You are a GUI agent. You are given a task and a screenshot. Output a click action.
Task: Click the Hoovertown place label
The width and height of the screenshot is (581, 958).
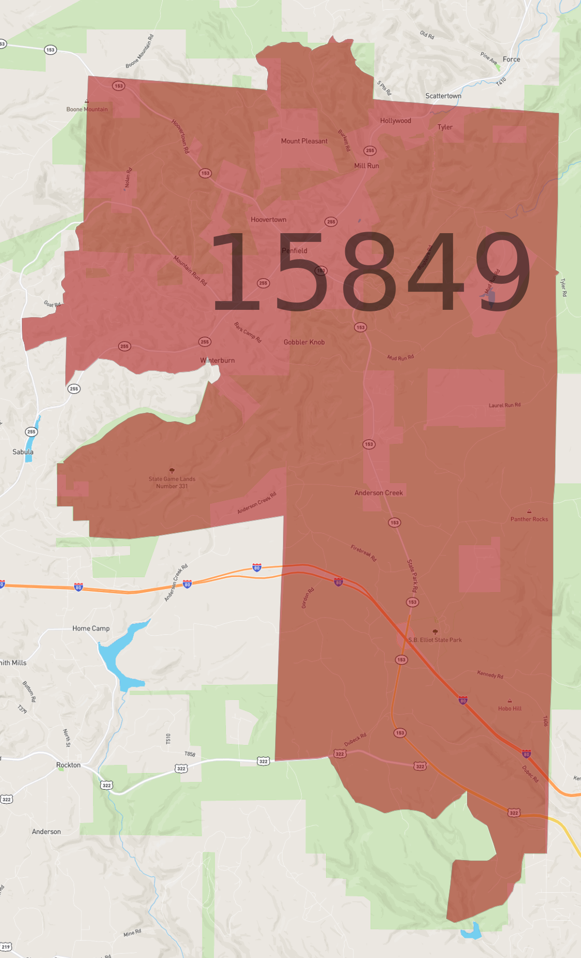click(x=268, y=220)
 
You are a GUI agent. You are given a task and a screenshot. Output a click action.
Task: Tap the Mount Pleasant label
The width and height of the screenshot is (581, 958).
click(x=304, y=141)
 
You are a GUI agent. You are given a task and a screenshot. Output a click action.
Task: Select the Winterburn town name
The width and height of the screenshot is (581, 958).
click(x=217, y=361)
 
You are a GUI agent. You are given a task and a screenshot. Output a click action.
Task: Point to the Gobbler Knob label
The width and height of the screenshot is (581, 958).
click(x=304, y=342)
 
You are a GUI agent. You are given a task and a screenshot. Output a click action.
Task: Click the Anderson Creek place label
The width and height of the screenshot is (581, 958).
click(x=378, y=493)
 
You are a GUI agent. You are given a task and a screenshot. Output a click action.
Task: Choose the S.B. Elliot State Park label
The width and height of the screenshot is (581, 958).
click(x=435, y=640)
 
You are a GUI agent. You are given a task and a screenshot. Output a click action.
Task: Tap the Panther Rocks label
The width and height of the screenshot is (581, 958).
click(x=529, y=519)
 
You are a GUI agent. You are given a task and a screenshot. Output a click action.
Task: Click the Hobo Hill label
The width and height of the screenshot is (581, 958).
click(x=509, y=708)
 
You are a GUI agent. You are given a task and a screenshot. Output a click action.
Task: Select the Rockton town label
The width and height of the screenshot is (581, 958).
click(x=68, y=765)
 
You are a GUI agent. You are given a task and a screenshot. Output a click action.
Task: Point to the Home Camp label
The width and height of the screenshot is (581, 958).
click(x=91, y=628)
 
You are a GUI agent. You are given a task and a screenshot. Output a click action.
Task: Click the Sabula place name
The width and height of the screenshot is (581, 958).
click(x=23, y=452)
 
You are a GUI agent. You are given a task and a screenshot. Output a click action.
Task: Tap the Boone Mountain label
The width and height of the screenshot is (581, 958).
click(x=87, y=109)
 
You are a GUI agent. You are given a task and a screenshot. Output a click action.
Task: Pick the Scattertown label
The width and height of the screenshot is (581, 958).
click(x=443, y=96)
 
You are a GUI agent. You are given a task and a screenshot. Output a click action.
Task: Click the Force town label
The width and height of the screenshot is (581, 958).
click(x=511, y=59)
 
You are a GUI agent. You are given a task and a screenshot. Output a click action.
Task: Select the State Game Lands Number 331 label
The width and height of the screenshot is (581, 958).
click(x=172, y=482)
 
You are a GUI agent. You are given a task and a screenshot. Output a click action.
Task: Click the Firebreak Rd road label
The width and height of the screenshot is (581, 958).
click(x=363, y=553)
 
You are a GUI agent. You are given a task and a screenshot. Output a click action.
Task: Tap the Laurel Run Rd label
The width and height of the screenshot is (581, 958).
click(x=504, y=405)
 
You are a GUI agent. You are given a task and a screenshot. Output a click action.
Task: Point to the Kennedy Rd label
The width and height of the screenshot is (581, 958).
click(x=490, y=675)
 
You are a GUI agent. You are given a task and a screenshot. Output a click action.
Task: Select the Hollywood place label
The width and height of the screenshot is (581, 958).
click(x=395, y=121)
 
